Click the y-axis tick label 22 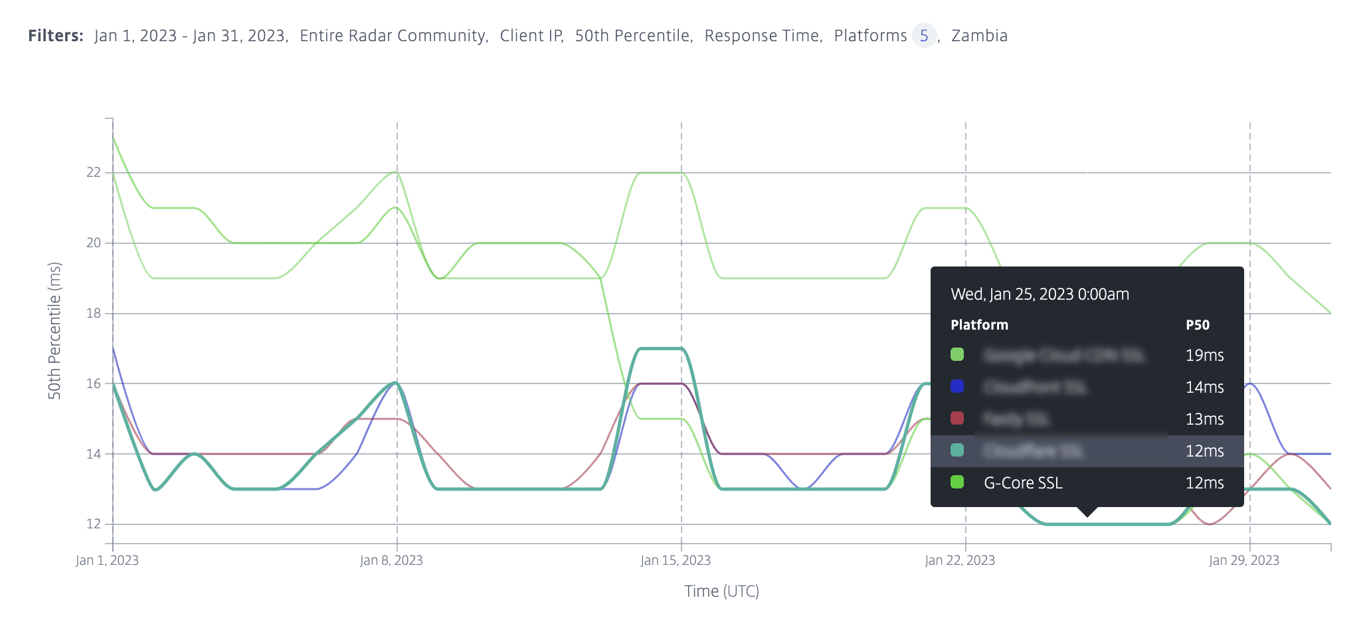(94, 172)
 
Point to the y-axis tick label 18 (94, 313)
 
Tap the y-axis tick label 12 (94, 524)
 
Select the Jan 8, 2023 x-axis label (391, 560)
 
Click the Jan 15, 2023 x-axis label (676, 560)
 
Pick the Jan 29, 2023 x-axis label (1244, 560)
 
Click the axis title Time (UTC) (721, 591)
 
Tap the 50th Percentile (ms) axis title (54, 330)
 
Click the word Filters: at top (56, 36)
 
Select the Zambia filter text (979, 36)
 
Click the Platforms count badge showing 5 (924, 36)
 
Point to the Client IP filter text (531, 36)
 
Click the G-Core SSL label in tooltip (1023, 483)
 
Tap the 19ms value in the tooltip (1204, 356)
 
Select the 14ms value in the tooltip (1204, 387)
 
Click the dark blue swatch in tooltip (957, 386)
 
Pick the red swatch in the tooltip (957, 418)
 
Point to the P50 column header (1198, 325)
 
